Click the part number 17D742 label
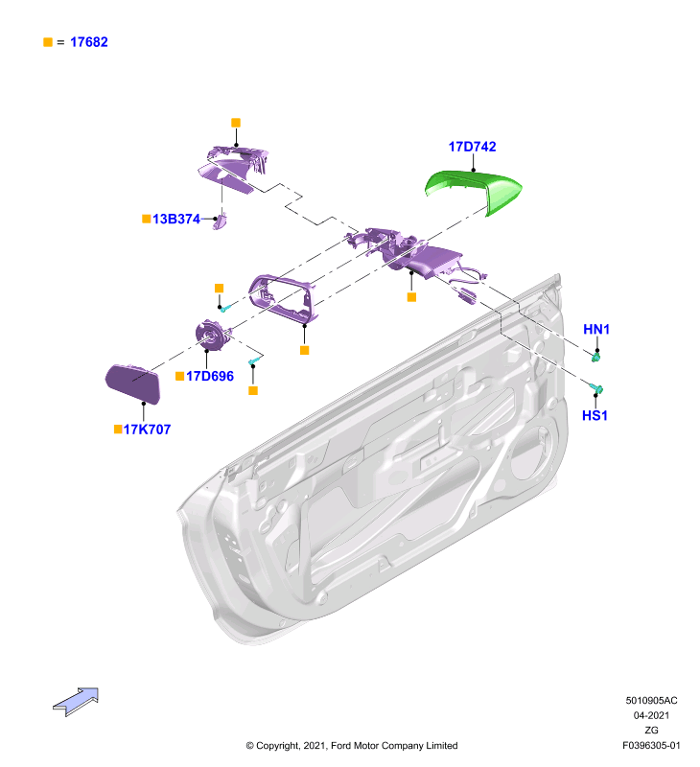[472, 147]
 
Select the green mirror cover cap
[474, 190]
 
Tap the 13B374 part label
[176, 219]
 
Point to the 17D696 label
[210, 376]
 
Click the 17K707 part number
[148, 430]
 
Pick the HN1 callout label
[596, 329]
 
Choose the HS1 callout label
[595, 416]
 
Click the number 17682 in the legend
[89, 42]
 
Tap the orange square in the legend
[48, 42]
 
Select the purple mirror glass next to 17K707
[133, 383]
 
